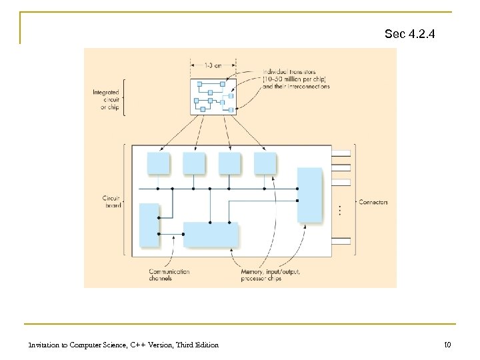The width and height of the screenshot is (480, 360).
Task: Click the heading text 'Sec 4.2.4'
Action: click(409, 33)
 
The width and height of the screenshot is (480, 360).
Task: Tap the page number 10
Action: click(447, 344)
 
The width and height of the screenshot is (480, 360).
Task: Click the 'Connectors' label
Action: click(373, 202)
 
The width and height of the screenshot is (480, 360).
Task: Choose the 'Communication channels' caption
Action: click(170, 275)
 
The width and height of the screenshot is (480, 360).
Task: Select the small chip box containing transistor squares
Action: click(213, 96)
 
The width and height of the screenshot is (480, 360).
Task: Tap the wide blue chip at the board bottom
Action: click(211, 235)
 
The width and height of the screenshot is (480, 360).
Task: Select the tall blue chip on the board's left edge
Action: click(149, 225)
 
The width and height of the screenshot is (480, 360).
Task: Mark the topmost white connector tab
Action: click(341, 153)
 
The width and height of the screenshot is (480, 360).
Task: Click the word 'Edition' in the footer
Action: click(205, 344)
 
